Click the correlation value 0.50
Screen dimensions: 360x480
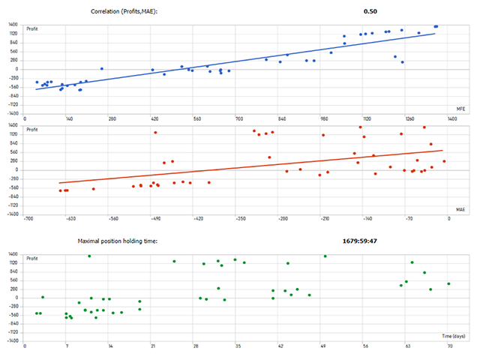tap(370, 12)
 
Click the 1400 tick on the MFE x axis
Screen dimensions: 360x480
tap(452, 118)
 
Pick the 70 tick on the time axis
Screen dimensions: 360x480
tap(449, 347)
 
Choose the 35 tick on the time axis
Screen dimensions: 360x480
tap(238, 347)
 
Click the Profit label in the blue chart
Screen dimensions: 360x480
tap(32, 29)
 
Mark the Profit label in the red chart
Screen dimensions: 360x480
tap(32, 130)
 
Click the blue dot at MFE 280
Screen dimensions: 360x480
tap(102, 69)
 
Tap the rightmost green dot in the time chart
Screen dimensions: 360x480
tap(448, 283)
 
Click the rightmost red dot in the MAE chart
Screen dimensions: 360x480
tap(444, 161)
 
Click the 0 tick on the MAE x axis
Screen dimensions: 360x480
tap(449, 219)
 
